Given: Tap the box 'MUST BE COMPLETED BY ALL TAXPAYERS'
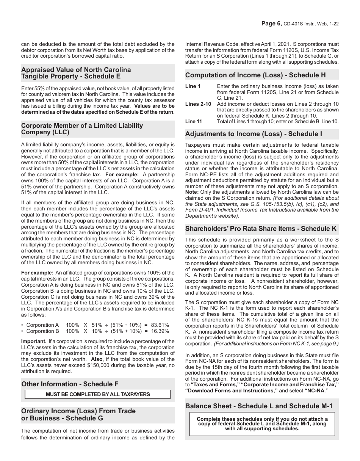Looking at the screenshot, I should (x=98, y=394).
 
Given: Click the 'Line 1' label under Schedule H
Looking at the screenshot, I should (x=193, y=86).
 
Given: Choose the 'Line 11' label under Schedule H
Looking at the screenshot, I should (x=194, y=122).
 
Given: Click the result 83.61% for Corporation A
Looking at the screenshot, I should (x=160, y=325).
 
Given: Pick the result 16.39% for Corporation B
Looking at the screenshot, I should (x=160, y=331).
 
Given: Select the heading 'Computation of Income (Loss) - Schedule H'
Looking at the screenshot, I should (x=255, y=75).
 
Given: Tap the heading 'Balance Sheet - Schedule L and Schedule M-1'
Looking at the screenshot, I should (x=259, y=406).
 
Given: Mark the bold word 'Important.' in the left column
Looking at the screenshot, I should (x=34, y=342).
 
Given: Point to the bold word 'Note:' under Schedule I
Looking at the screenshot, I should (x=192, y=192).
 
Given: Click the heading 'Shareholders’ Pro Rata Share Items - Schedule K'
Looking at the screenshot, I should (x=261, y=229).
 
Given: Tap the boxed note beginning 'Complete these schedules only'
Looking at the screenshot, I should (x=262, y=424).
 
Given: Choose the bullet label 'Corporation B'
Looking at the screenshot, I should (x=43, y=331).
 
